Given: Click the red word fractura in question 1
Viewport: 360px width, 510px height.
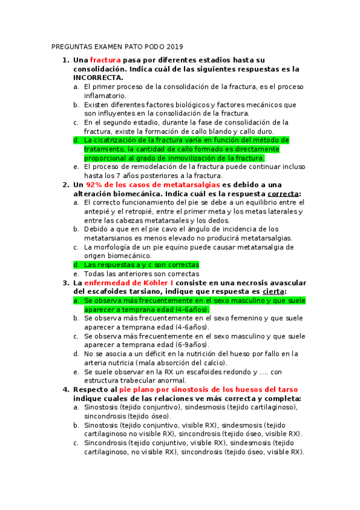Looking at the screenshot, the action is tap(105, 60).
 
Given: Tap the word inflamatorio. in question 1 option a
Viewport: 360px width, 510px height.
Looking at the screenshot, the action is tap(105, 96).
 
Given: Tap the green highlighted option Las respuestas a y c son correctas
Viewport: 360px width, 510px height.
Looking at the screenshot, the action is tap(141, 265).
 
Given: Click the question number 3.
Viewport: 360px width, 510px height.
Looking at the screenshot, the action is tap(66, 282).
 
